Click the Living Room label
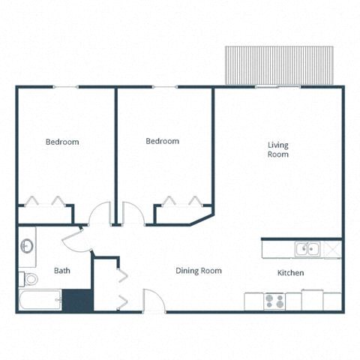[x=277, y=149]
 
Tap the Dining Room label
[x=198, y=271]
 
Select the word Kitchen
[x=290, y=273]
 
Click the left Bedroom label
[x=62, y=142]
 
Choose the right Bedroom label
[x=162, y=141]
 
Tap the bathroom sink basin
[x=26, y=246]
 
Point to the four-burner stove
[x=274, y=301]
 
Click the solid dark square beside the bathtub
[x=76, y=300]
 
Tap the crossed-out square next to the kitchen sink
[x=333, y=248]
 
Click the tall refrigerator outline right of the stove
[x=312, y=299]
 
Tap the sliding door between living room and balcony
[x=277, y=87]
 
